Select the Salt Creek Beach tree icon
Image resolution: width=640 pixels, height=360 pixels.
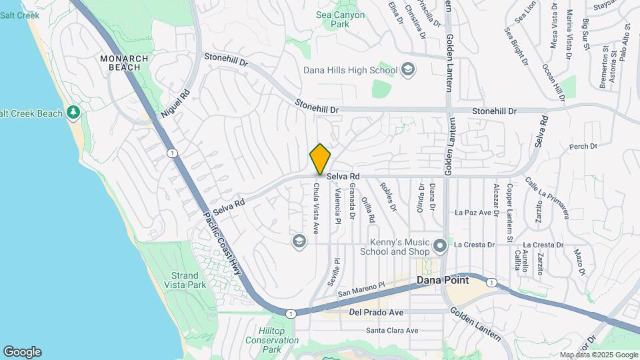73,113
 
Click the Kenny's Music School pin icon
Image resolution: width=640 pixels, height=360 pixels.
439,247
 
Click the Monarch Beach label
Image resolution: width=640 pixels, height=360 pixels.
124,63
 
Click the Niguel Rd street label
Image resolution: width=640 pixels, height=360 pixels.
175,105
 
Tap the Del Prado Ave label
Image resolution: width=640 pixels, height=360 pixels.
377,312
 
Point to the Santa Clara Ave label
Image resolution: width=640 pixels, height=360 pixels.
392,330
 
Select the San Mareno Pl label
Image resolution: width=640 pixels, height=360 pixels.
361,289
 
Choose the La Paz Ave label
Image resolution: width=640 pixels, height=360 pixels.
473,213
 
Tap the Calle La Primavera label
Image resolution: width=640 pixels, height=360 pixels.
546,197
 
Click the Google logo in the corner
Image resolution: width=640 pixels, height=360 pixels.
22,352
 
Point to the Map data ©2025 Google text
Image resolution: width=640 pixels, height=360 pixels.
599,355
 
